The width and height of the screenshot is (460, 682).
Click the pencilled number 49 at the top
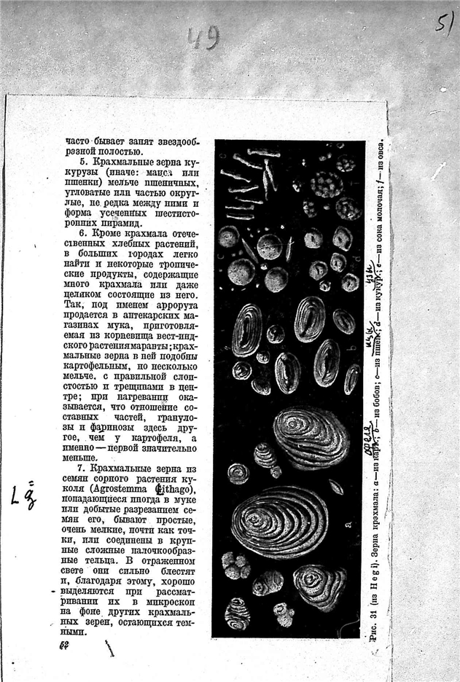coord(202,38)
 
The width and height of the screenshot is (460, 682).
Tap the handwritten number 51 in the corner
coord(444,21)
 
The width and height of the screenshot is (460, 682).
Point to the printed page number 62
coord(66,646)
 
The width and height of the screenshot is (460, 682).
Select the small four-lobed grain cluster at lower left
coord(235,565)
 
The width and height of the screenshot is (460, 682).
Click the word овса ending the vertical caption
coord(378,150)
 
